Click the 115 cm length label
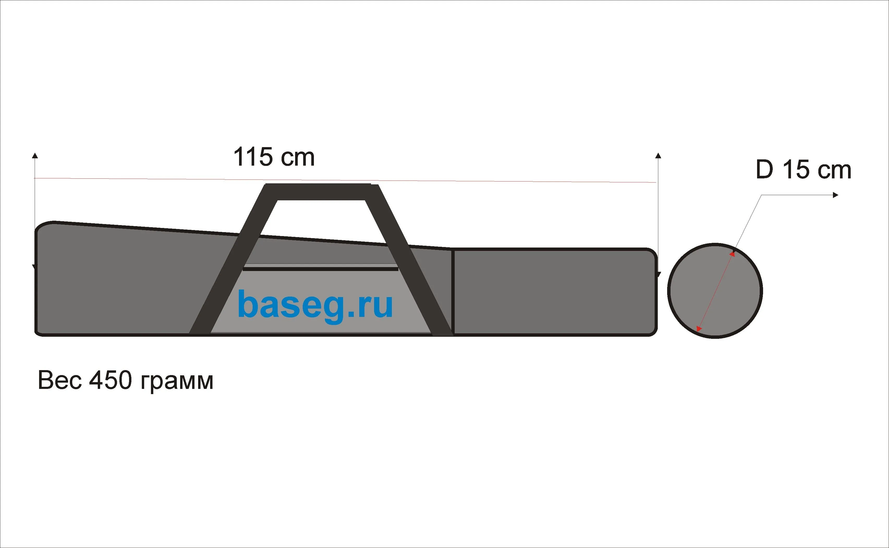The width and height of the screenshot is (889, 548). pos(274,157)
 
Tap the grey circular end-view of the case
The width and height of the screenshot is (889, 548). pos(715,290)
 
